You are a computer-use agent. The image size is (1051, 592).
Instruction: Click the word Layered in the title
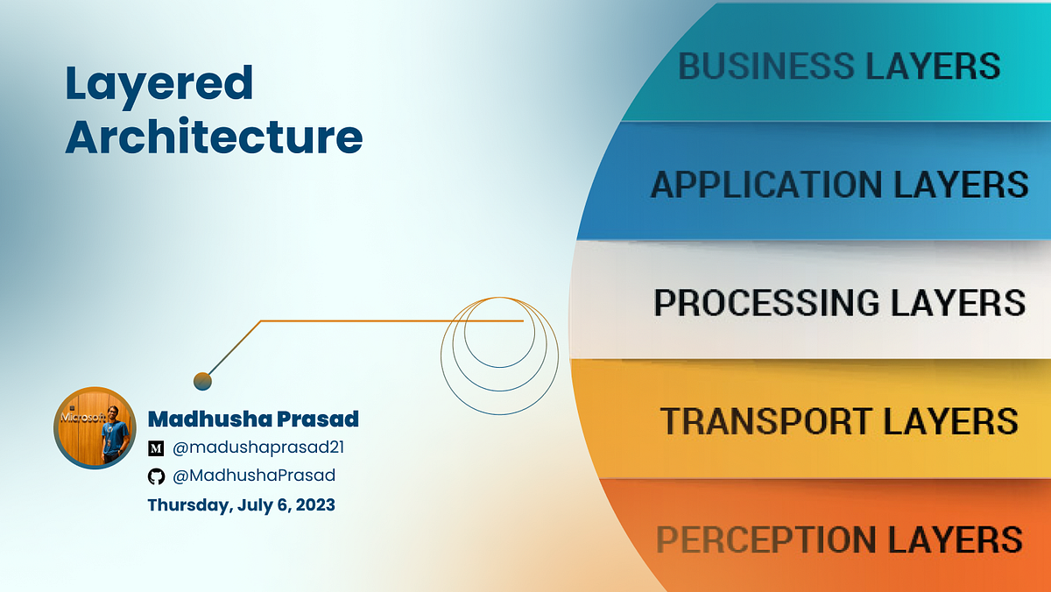coord(159,85)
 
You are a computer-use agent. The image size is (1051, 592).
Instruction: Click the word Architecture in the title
coord(214,137)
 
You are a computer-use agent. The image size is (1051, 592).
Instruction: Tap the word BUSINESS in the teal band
coord(766,66)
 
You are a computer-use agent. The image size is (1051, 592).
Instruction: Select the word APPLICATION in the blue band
coord(766,185)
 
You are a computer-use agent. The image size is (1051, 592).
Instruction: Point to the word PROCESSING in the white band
coord(766,302)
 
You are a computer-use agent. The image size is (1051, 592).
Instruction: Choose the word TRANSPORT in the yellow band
coord(766,420)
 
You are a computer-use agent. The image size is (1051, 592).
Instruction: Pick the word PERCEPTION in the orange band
coord(766,539)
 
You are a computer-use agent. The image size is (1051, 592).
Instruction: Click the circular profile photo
coord(95,428)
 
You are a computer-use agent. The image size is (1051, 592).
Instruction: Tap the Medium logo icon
coord(156,448)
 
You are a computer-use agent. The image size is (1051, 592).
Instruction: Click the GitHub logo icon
coord(156,476)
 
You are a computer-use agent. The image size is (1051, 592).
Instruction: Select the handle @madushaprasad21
coord(258,448)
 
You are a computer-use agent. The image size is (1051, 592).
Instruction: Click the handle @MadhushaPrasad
coord(254,476)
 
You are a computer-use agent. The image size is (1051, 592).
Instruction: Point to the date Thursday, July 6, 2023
coord(241,504)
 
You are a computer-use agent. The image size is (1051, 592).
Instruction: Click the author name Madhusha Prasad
coord(253,419)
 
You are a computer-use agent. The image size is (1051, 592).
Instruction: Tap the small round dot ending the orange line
coord(202,381)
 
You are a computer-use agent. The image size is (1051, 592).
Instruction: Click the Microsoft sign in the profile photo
coord(82,418)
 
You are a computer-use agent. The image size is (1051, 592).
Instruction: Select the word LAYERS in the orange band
coord(955,539)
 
